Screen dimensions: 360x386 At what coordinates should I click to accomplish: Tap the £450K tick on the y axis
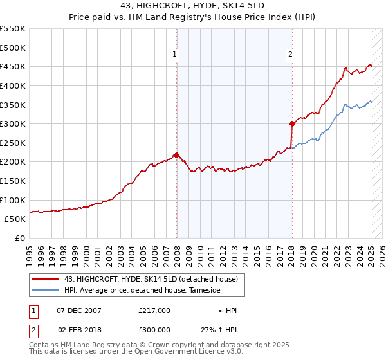coord(13,66)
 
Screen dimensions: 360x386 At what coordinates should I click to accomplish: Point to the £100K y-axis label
coord(13,200)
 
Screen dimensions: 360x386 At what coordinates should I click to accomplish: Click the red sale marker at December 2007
coord(176,155)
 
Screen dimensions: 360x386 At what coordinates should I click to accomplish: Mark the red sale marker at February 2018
coord(292,123)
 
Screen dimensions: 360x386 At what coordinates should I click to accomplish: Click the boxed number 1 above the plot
coord(175,55)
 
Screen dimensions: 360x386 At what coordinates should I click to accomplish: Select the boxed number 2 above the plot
coord(291,55)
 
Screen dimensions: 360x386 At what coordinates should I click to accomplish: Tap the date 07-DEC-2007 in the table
coord(79,310)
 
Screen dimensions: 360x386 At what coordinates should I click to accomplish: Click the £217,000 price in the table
coord(154,310)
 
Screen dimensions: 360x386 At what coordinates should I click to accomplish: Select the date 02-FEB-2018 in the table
coord(79,328)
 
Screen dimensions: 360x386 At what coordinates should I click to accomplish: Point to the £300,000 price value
coord(154,328)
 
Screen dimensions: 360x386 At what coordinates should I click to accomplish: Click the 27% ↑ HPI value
coord(219,328)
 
